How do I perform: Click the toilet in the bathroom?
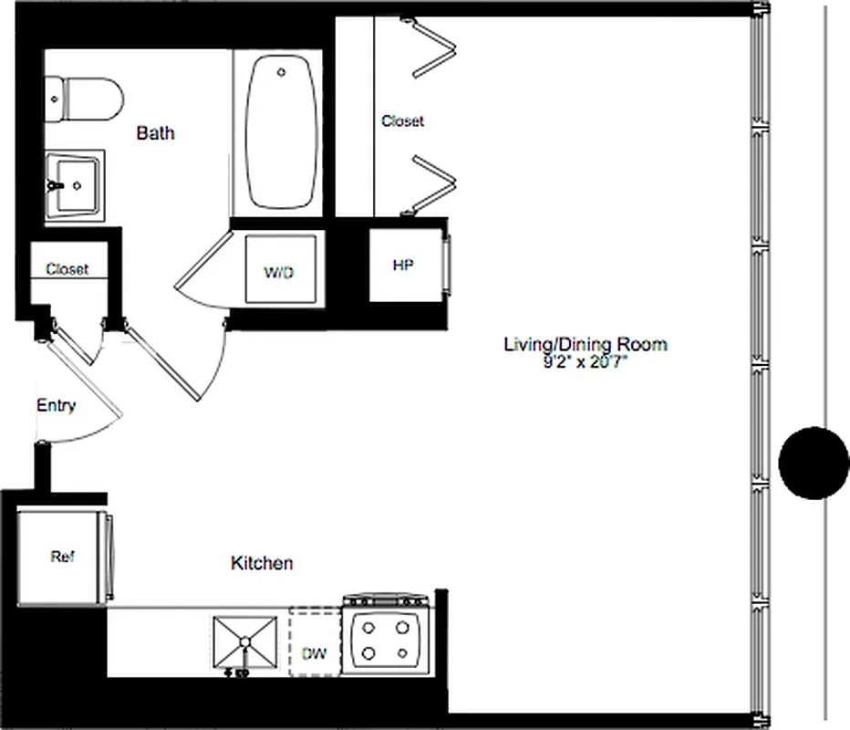click(x=86, y=99)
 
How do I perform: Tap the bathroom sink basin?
click(x=76, y=185)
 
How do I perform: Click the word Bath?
click(x=155, y=133)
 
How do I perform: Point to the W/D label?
click(x=279, y=273)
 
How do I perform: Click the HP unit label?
click(x=402, y=266)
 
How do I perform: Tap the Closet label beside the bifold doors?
click(x=402, y=120)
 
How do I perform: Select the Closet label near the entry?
click(x=67, y=269)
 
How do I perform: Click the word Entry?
click(x=56, y=406)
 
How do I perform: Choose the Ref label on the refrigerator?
click(x=62, y=557)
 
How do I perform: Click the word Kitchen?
click(x=262, y=563)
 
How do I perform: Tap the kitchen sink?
click(x=245, y=642)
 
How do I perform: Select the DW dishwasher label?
click(x=313, y=654)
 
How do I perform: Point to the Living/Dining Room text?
click(x=586, y=344)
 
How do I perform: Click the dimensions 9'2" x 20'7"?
click(x=586, y=361)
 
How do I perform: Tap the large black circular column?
click(x=814, y=464)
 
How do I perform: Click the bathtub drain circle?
click(x=282, y=71)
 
